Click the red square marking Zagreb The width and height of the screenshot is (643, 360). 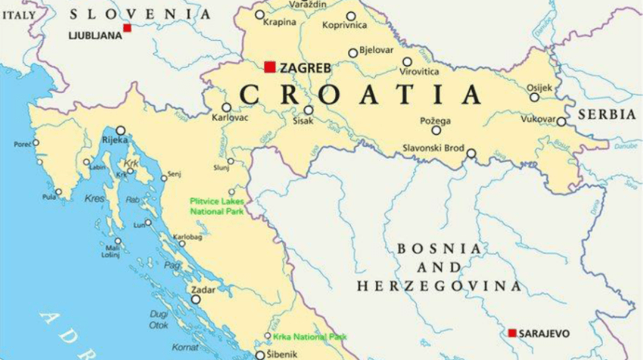pyautogui.click(x=270, y=67)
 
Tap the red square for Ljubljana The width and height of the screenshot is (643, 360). pyautogui.click(x=127, y=28)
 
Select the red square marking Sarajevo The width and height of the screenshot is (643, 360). pyautogui.click(x=512, y=333)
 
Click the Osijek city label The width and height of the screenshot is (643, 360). pyautogui.click(x=539, y=87)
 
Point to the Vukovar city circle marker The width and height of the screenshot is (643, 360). pyautogui.click(x=561, y=120)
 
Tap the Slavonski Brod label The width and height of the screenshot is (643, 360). pyautogui.click(x=433, y=147)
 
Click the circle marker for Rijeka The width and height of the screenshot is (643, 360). pyautogui.click(x=120, y=130)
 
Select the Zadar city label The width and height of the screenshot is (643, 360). pyautogui.click(x=203, y=290)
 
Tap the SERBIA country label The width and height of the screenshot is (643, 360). pyautogui.click(x=607, y=115)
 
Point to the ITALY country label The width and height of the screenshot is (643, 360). pyautogui.click(x=17, y=14)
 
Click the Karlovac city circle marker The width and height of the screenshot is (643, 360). pyautogui.click(x=226, y=107)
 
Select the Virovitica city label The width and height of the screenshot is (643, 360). pyautogui.click(x=418, y=72)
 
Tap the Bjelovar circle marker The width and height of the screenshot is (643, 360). pyautogui.click(x=353, y=53)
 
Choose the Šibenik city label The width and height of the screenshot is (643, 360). pyautogui.click(x=281, y=355)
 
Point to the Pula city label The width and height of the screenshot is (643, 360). pyautogui.click(x=48, y=197)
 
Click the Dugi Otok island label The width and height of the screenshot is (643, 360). pyautogui.click(x=158, y=318)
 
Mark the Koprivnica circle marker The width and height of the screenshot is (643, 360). pyautogui.click(x=351, y=16)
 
